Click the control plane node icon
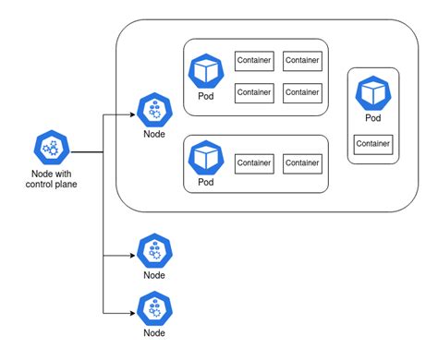52,148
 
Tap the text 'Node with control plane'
52,179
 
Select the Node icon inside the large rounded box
154,110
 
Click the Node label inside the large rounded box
154,134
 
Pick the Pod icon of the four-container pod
206,71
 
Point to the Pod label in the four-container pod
206,96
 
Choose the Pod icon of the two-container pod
206,158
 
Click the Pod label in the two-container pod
206,182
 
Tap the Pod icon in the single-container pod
373,93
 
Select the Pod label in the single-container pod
373,118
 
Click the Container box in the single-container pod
373,144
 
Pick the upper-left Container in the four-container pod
254,61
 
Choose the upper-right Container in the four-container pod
302,61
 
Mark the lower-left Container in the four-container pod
254,93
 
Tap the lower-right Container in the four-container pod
302,93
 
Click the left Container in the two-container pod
254,163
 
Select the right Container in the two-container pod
302,163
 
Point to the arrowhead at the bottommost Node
133,313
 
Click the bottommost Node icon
154,308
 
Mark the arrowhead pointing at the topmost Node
133,114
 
